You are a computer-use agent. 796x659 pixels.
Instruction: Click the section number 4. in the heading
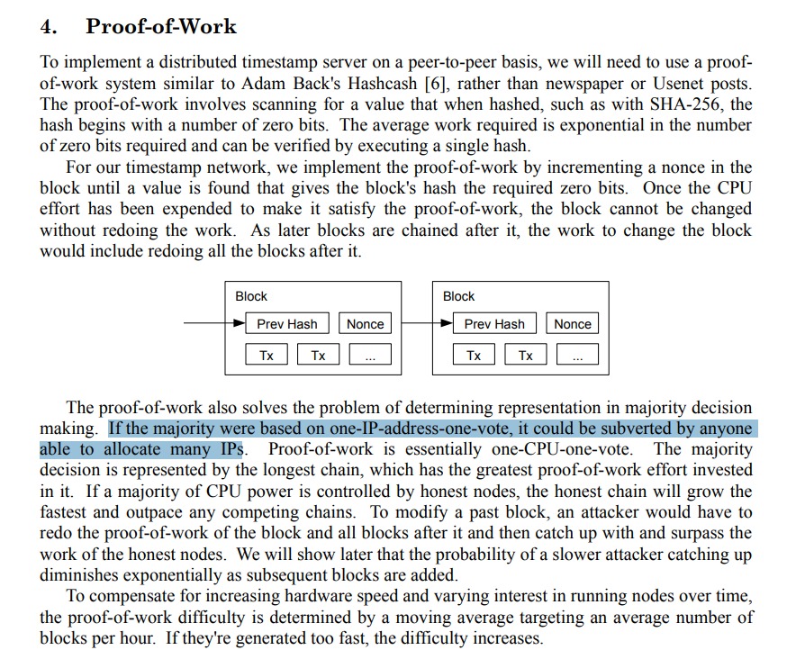point(50,27)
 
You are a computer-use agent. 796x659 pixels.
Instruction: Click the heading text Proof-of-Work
point(161,27)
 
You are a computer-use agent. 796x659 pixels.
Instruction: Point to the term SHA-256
point(694,104)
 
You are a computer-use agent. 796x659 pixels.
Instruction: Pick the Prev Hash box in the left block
point(287,324)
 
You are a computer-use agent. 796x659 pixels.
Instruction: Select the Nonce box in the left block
point(365,324)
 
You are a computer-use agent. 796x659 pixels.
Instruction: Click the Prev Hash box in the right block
point(494,324)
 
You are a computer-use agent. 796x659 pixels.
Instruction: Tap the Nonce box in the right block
point(573,324)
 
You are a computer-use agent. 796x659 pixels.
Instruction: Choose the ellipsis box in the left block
point(370,356)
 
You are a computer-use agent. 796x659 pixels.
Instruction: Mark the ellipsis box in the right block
point(577,356)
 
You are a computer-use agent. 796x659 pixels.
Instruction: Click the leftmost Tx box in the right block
point(474,356)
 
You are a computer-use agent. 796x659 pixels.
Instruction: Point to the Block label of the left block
point(251,296)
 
